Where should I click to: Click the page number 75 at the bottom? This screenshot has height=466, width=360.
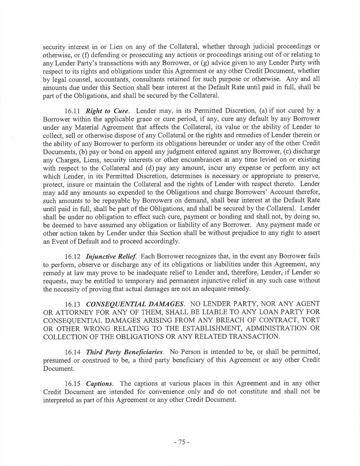pos(181,441)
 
